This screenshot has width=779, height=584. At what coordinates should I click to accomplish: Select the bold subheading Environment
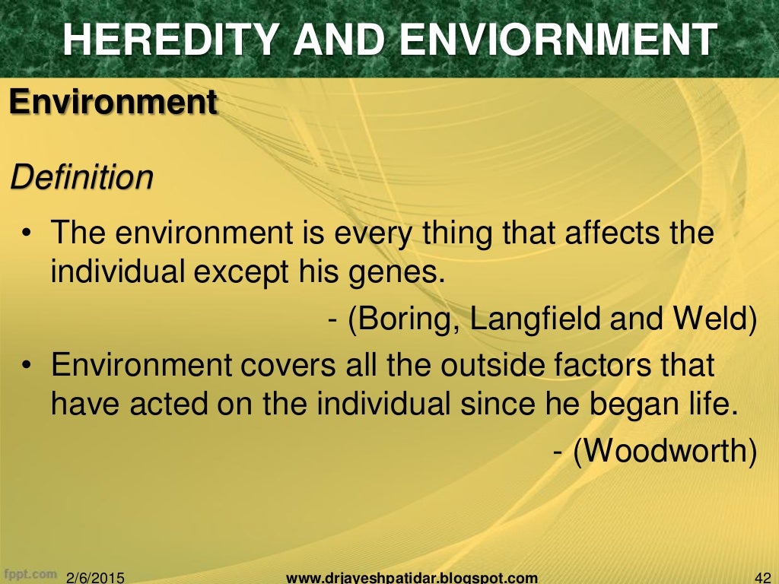[113, 102]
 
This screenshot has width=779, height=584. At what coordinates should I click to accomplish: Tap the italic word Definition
[81, 178]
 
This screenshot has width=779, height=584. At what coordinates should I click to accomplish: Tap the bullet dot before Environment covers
[26, 367]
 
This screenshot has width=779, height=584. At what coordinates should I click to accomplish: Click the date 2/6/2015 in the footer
[96, 577]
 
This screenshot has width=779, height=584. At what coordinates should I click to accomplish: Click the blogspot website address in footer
[412, 577]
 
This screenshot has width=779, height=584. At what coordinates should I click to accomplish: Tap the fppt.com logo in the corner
[30, 573]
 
